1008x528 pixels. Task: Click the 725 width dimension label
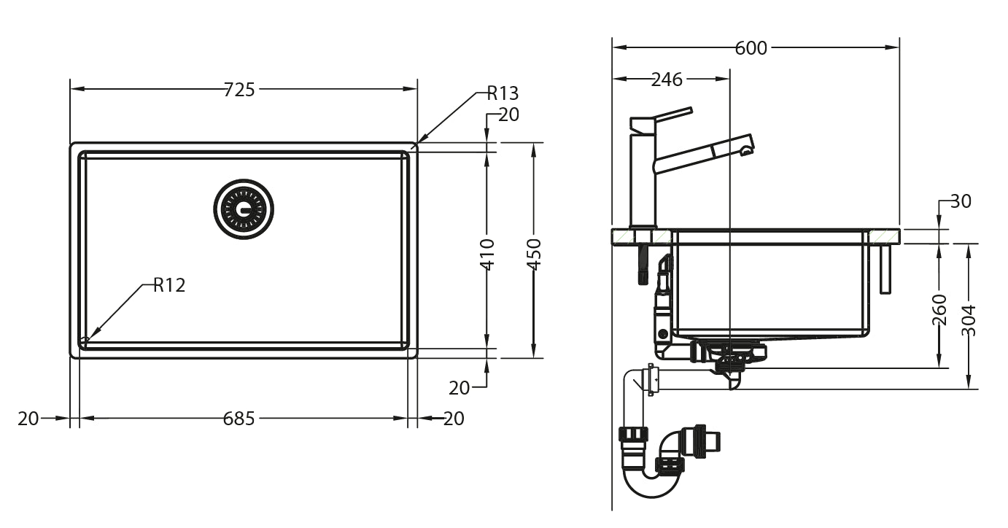(239, 90)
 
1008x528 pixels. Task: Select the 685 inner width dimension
(239, 419)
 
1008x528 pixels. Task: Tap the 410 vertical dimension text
(488, 254)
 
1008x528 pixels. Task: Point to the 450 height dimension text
(534, 254)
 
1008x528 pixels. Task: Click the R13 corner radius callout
(502, 93)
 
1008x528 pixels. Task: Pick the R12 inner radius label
(169, 285)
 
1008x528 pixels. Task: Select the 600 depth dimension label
(751, 48)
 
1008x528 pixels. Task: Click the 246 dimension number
(666, 79)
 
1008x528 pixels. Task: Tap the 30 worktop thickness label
(961, 201)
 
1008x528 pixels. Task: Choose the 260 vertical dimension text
(939, 309)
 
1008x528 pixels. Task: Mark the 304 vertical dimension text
(968, 319)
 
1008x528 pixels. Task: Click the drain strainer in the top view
(244, 208)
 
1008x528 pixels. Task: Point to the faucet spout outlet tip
(745, 151)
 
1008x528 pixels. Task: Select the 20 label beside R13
(508, 114)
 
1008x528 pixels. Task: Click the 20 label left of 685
(28, 419)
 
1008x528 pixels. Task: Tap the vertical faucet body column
(643, 182)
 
